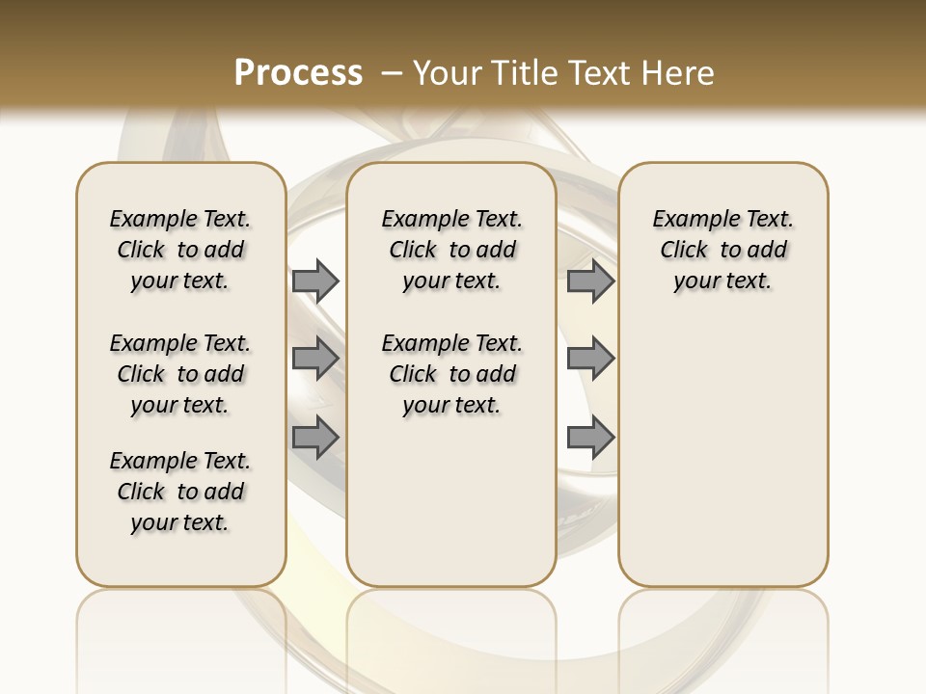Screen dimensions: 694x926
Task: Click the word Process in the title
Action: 298,72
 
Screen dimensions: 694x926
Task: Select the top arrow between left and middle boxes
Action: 315,280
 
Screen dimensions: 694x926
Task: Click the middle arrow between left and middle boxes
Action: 315,359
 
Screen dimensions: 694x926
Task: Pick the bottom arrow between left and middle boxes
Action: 315,438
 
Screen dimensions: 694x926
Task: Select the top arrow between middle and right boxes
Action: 590,280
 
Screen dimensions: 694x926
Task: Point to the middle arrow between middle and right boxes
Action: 590,359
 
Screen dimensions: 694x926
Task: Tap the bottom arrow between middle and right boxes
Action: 590,438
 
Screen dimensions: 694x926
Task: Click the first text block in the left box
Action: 180,250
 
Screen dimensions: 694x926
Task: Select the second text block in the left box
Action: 180,374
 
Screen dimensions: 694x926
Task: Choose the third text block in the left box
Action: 180,492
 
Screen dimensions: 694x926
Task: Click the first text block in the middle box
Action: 451,250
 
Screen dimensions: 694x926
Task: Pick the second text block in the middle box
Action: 451,374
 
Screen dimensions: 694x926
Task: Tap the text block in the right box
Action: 722,250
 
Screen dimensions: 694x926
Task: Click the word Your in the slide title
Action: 445,72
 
